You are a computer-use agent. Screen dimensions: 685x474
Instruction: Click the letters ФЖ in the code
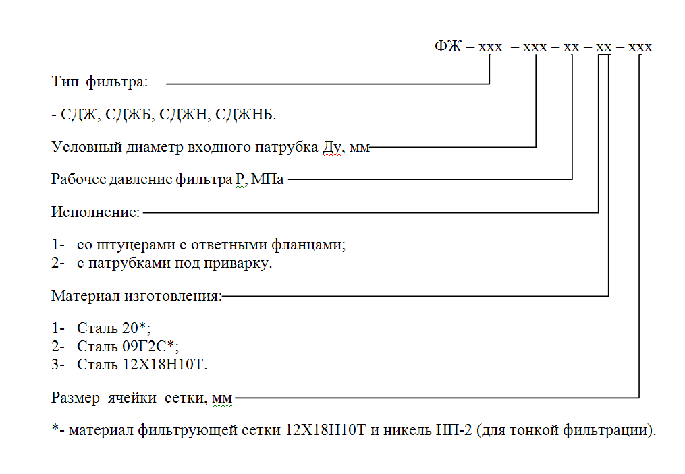448,46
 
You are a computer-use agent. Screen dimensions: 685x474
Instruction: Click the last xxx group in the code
640,47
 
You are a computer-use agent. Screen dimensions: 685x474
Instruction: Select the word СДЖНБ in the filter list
244,115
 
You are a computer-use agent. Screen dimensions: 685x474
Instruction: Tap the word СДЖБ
128,115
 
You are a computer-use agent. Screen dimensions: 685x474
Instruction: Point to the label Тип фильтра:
100,82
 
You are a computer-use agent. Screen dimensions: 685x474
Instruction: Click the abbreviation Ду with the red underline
331,147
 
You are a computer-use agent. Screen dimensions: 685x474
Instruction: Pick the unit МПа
267,179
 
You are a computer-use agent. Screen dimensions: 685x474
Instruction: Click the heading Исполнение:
95,212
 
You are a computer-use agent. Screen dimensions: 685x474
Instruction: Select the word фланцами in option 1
308,245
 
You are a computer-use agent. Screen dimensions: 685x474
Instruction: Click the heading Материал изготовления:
137,296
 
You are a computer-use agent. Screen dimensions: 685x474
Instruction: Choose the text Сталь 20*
111,328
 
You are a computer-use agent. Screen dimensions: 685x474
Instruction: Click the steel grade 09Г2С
144,346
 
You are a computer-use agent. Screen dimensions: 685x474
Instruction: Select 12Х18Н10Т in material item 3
163,364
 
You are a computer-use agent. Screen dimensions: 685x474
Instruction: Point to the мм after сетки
222,398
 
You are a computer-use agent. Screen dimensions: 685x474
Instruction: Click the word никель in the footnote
407,430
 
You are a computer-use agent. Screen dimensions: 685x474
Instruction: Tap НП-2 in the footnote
454,430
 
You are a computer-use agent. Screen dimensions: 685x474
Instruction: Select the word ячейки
132,398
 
